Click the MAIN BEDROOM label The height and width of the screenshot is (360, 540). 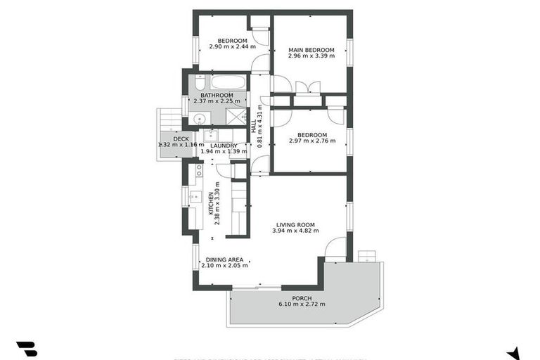[311, 50]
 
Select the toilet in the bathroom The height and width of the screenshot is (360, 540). [200, 83]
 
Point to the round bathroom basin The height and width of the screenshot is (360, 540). [200, 118]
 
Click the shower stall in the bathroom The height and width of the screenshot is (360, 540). [238, 117]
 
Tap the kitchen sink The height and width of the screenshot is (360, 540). [195, 197]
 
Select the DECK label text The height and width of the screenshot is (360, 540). [181, 139]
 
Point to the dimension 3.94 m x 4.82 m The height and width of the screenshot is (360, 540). [295, 231]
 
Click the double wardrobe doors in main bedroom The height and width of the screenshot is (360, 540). [308, 88]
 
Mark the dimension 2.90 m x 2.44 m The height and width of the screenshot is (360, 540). [231, 48]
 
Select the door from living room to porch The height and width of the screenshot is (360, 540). [335, 248]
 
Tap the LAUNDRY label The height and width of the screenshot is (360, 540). [223, 146]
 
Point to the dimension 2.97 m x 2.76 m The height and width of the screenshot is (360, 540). [312, 141]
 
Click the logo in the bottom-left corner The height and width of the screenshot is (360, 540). [26, 349]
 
